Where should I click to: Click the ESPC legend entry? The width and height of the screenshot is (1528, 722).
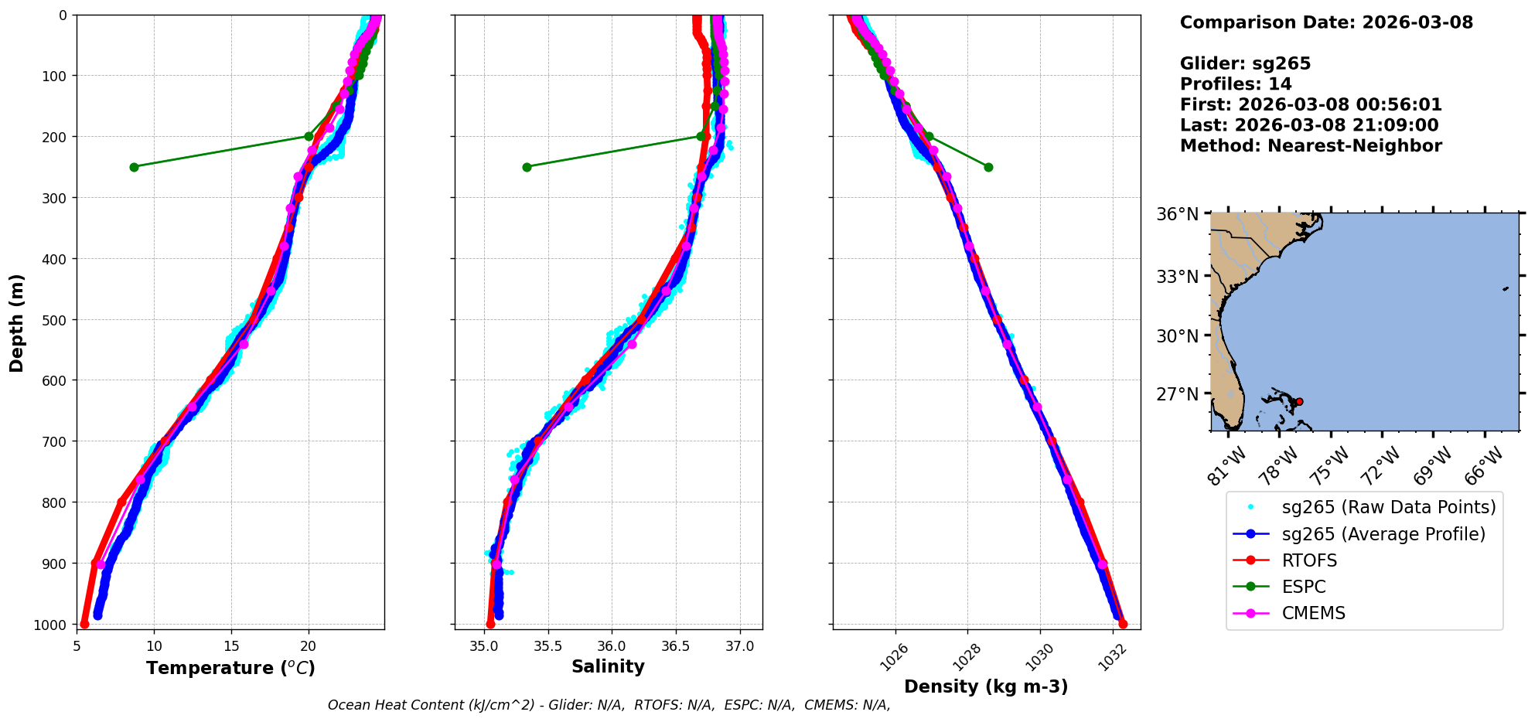click(1303, 587)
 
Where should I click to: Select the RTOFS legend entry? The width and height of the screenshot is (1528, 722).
click(1308, 560)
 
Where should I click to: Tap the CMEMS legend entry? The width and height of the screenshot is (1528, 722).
click(1313, 613)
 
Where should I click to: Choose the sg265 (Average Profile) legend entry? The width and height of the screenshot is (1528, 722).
click(1383, 534)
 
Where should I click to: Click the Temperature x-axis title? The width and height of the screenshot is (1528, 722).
click(230, 668)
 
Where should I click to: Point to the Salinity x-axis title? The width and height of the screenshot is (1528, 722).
click(608, 666)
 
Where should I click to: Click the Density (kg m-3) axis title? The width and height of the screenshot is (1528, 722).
click(986, 686)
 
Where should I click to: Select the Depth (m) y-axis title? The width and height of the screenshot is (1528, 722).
click(16, 322)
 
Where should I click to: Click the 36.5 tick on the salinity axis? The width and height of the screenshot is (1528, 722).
click(675, 645)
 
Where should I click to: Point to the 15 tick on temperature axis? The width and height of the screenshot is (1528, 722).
click(230, 645)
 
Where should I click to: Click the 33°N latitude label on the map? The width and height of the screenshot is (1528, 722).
click(1177, 276)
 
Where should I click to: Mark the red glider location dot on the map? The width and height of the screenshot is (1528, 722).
click(1299, 401)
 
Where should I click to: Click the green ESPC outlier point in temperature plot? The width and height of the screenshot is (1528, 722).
click(134, 166)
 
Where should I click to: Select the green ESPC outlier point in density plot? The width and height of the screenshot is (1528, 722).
click(988, 167)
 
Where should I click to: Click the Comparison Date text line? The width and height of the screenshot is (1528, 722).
click(1326, 22)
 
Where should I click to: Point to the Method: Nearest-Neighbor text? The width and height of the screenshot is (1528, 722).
click(1311, 146)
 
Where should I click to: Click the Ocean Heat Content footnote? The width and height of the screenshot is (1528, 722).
click(609, 705)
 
